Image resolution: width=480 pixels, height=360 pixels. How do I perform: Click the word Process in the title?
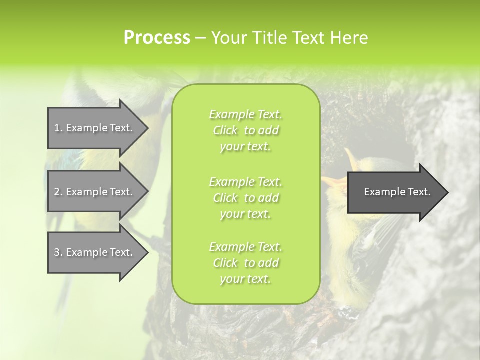(x=157, y=38)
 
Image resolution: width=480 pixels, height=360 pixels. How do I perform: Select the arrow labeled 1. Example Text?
(x=95, y=128)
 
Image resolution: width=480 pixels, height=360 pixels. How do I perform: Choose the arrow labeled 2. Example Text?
(x=95, y=192)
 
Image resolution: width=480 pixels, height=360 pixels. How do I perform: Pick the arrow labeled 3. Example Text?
(x=95, y=252)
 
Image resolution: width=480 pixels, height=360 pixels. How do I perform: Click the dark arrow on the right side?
(x=395, y=192)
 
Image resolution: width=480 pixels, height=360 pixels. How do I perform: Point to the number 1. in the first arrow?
(x=58, y=128)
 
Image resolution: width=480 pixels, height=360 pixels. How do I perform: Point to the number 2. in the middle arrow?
(x=58, y=192)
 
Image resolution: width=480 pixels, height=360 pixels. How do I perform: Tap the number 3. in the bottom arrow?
(x=58, y=252)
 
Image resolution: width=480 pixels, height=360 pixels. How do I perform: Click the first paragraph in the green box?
(x=245, y=130)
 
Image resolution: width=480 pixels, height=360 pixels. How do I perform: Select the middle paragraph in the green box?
(x=245, y=198)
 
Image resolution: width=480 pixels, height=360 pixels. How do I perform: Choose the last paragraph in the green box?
(x=245, y=263)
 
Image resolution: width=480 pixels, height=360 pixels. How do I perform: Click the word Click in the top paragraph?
(x=226, y=131)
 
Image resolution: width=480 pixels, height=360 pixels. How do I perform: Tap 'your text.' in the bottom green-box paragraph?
(x=245, y=279)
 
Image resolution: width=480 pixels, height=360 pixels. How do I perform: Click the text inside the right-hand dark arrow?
(x=397, y=192)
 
